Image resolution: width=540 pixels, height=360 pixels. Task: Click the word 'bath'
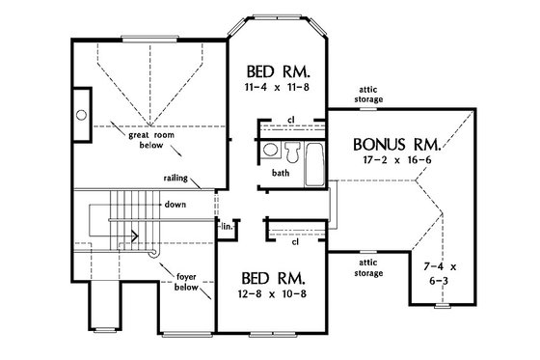coord(281,174)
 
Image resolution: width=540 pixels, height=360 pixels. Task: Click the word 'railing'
coord(176,180)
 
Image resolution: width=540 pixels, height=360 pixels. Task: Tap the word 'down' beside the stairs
coord(175,205)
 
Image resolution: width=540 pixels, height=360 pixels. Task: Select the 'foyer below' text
coord(186,281)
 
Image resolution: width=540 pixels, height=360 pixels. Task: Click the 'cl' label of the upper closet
coord(291,121)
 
